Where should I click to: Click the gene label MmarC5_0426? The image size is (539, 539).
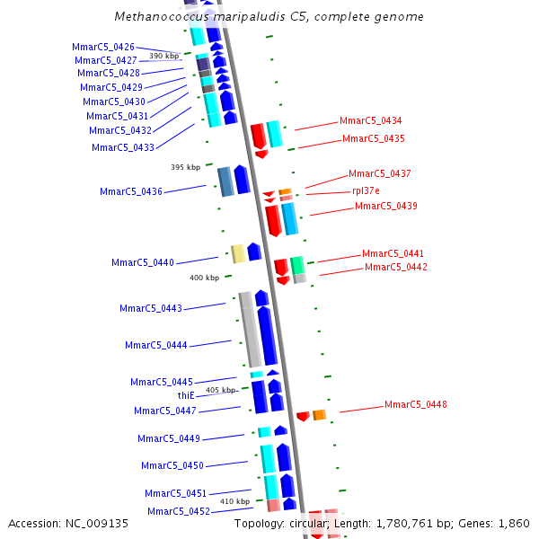click(x=103, y=47)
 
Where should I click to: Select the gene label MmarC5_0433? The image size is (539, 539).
click(x=123, y=147)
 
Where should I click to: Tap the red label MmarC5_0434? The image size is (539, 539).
click(x=371, y=120)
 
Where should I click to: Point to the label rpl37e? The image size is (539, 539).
click(x=366, y=190)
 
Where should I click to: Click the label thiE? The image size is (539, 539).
click(x=186, y=395)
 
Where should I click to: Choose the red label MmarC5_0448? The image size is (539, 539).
click(x=416, y=404)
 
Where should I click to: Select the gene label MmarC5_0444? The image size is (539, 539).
click(x=156, y=345)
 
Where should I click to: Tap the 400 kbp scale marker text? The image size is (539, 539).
click(x=204, y=278)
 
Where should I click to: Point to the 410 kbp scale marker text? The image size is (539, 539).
click(x=234, y=501)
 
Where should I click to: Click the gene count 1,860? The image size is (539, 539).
click(x=513, y=523)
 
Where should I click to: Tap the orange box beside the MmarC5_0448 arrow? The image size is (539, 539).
click(x=319, y=414)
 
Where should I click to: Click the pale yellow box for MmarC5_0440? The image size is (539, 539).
click(x=238, y=253)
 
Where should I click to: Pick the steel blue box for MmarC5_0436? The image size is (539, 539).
click(x=225, y=181)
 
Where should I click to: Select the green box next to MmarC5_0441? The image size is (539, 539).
click(x=297, y=265)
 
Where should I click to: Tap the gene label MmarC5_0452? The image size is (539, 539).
click(x=179, y=511)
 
